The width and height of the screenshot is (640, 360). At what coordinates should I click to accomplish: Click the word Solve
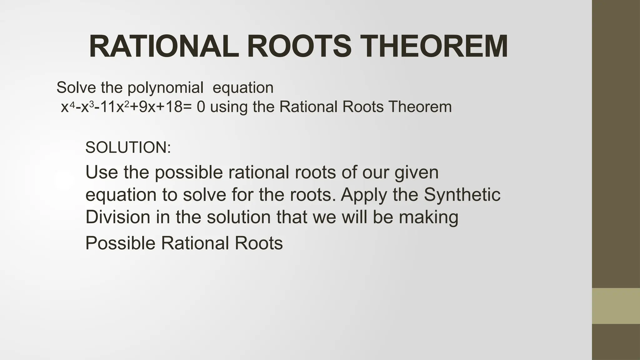[76, 87]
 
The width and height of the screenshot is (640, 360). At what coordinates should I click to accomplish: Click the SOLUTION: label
[128, 147]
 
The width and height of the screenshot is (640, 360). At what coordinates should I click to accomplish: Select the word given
[417, 173]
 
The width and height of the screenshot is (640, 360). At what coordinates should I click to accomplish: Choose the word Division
[117, 217]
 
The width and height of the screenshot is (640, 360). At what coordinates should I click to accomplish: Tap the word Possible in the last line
[120, 243]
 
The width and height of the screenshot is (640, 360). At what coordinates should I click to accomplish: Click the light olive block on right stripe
[616, 306]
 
